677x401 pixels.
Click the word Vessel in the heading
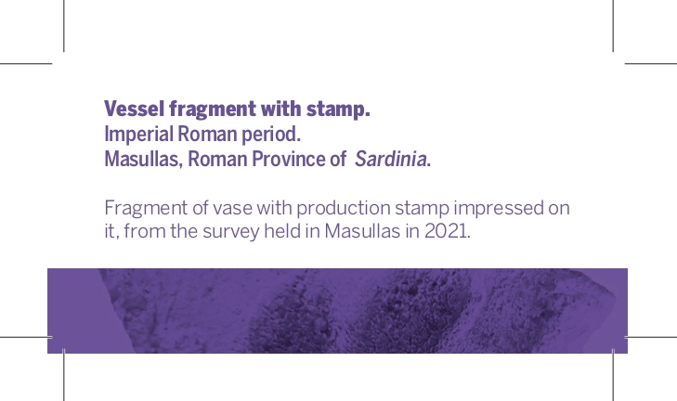click(135, 109)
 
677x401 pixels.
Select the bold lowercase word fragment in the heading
click(214, 110)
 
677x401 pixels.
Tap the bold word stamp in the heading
click(338, 110)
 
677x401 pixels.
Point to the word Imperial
click(139, 135)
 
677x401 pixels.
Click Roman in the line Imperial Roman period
click(207, 134)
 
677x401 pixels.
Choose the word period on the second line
click(271, 135)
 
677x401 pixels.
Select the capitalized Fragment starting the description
click(146, 209)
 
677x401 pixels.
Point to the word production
click(344, 209)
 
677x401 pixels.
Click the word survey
click(231, 232)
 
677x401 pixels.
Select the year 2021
click(448, 231)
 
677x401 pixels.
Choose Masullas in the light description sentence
click(363, 231)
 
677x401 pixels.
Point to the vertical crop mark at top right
click(613, 26)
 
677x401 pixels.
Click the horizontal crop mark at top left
click(26, 63)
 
